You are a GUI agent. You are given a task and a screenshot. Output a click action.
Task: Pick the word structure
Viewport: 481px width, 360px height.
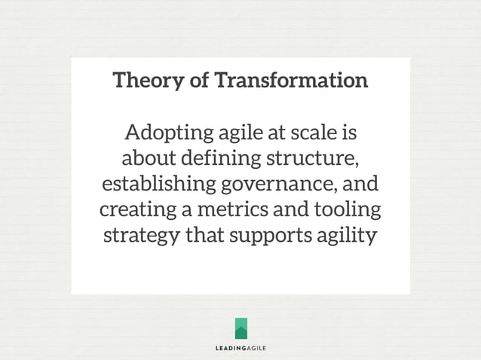coord(310,160)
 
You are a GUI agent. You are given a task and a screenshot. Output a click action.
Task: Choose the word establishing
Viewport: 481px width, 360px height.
coord(157,185)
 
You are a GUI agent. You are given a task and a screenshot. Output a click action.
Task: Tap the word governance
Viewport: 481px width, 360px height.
coord(277,185)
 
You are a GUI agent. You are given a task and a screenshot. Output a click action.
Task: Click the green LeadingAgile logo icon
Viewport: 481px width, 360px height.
coord(240,328)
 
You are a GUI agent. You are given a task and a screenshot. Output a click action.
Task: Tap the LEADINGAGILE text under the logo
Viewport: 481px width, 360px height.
coord(240,348)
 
